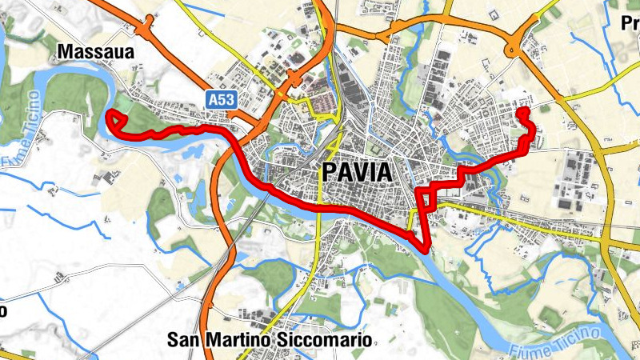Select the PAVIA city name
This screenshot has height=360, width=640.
click(x=357, y=172)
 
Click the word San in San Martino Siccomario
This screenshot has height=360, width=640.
click(x=183, y=340)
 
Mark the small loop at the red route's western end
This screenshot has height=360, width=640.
click(x=117, y=120)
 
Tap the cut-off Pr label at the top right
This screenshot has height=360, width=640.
click(x=630, y=23)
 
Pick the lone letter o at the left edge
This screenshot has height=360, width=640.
click(x=3, y=310)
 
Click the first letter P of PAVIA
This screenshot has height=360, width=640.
click(x=328, y=172)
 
